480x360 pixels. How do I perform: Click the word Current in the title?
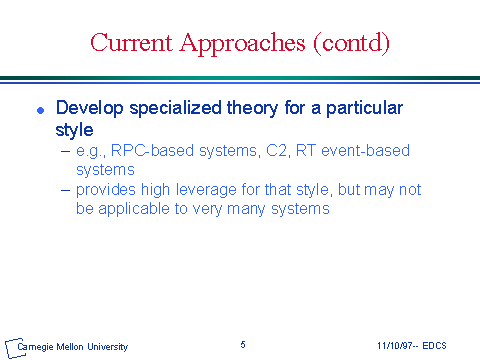131,42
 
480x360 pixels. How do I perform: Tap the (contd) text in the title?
351,44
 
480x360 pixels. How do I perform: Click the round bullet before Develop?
41,110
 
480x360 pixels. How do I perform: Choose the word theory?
252,109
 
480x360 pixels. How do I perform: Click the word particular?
364,109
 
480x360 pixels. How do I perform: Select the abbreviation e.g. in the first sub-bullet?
91,152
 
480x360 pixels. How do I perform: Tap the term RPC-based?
152,151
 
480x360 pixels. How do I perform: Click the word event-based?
365,150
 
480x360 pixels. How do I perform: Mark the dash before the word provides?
66,190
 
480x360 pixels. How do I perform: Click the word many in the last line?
246,210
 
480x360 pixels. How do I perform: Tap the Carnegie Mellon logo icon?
13,348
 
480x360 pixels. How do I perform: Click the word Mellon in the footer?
70,347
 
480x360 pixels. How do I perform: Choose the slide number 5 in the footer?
243,345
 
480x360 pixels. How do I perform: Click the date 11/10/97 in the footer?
395,346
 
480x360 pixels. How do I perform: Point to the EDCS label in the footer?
434,346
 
